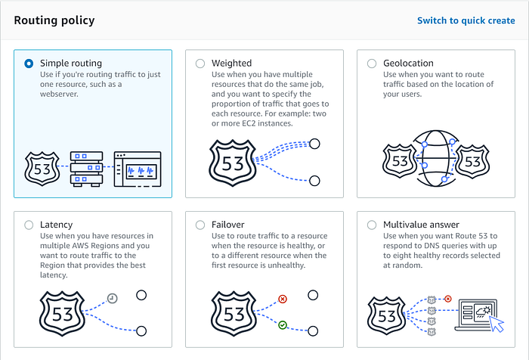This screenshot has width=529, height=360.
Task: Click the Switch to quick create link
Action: (x=466, y=20)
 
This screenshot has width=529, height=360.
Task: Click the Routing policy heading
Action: (x=54, y=20)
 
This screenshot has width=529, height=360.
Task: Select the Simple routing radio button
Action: (x=29, y=64)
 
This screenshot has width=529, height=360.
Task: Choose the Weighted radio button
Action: (x=200, y=64)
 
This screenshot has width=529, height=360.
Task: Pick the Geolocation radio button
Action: (x=371, y=64)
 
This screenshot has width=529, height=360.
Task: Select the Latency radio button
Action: (x=29, y=225)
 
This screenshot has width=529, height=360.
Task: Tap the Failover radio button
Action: (x=200, y=225)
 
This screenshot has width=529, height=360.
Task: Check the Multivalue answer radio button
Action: (x=371, y=225)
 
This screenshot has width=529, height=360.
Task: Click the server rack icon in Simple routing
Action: (x=85, y=170)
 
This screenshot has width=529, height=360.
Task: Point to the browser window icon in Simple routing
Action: (x=137, y=170)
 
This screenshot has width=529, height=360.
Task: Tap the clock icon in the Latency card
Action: (x=111, y=298)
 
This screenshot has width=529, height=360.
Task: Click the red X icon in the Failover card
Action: (x=283, y=299)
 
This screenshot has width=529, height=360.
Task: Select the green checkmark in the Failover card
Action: (x=283, y=324)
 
